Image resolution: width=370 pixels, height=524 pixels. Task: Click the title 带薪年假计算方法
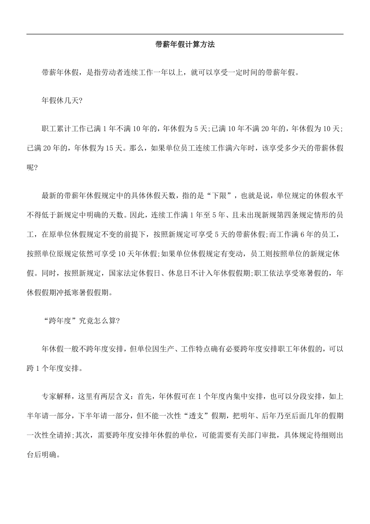pos(185,44)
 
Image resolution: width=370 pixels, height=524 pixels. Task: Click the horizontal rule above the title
pos(185,34)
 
